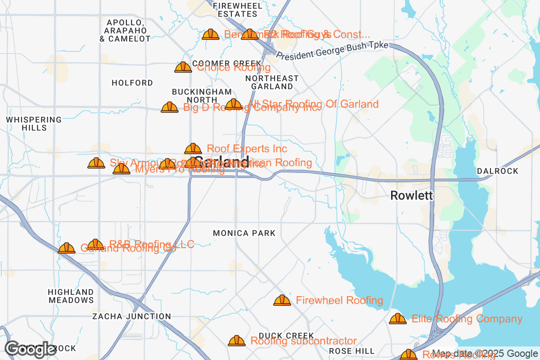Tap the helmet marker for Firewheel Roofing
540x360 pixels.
point(282,300)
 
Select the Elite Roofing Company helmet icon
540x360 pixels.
point(398,319)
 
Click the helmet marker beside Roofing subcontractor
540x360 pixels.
point(237,341)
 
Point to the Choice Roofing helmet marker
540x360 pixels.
point(183,67)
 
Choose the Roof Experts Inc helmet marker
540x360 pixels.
point(193,148)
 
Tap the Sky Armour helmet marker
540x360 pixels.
point(96,163)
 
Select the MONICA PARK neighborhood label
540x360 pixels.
point(244,233)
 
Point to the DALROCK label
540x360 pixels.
point(498,171)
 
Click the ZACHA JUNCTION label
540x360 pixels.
point(131,316)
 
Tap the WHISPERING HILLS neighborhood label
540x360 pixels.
point(34,124)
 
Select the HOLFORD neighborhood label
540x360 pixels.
point(132,83)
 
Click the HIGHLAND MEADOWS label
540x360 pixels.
point(71,296)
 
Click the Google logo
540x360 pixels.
point(31,349)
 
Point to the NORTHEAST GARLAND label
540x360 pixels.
point(272,82)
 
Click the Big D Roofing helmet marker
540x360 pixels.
point(170,107)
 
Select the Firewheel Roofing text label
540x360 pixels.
point(339,300)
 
